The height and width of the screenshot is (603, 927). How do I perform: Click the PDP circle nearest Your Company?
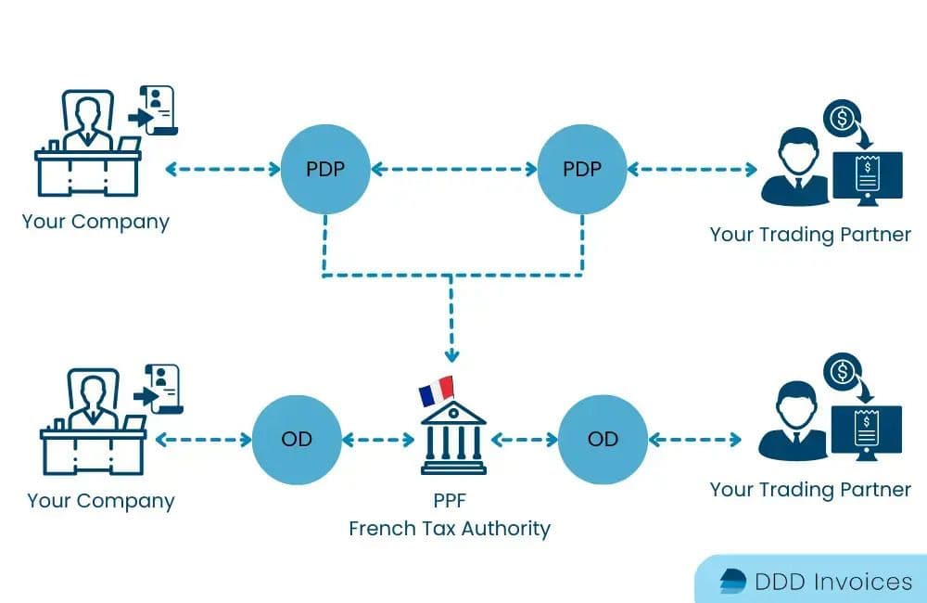click(x=324, y=170)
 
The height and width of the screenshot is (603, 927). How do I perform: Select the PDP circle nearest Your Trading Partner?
click(x=582, y=170)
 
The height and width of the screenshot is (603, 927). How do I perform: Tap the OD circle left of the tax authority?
click(x=297, y=439)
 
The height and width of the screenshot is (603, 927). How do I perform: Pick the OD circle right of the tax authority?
click(x=603, y=439)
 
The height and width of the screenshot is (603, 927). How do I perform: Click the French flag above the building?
click(x=437, y=391)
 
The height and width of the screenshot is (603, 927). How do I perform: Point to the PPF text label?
click(x=450, y=501)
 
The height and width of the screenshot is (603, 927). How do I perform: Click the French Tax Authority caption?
click(x=450, y=529)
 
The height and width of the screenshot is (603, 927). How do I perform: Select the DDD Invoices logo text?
click(x=833, y=582)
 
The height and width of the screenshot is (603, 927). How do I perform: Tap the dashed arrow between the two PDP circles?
click(x=453, y=170)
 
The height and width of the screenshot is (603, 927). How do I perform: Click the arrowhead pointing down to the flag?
click(x=451, y=355)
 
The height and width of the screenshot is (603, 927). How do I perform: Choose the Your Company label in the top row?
click(x=96, y=223)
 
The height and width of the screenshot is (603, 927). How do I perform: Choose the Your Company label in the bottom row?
click(x=101, y=501)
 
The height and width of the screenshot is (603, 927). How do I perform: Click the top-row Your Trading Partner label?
click(x=810, y=235)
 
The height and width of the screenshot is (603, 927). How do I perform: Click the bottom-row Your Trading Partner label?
click(x=810, y=489)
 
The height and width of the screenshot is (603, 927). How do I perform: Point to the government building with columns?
click(x=453, y=436)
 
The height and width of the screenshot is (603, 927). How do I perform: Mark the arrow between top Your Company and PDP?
click(x=222, y=170)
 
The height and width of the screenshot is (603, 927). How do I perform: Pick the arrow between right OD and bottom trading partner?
click(x=695, y=439)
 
